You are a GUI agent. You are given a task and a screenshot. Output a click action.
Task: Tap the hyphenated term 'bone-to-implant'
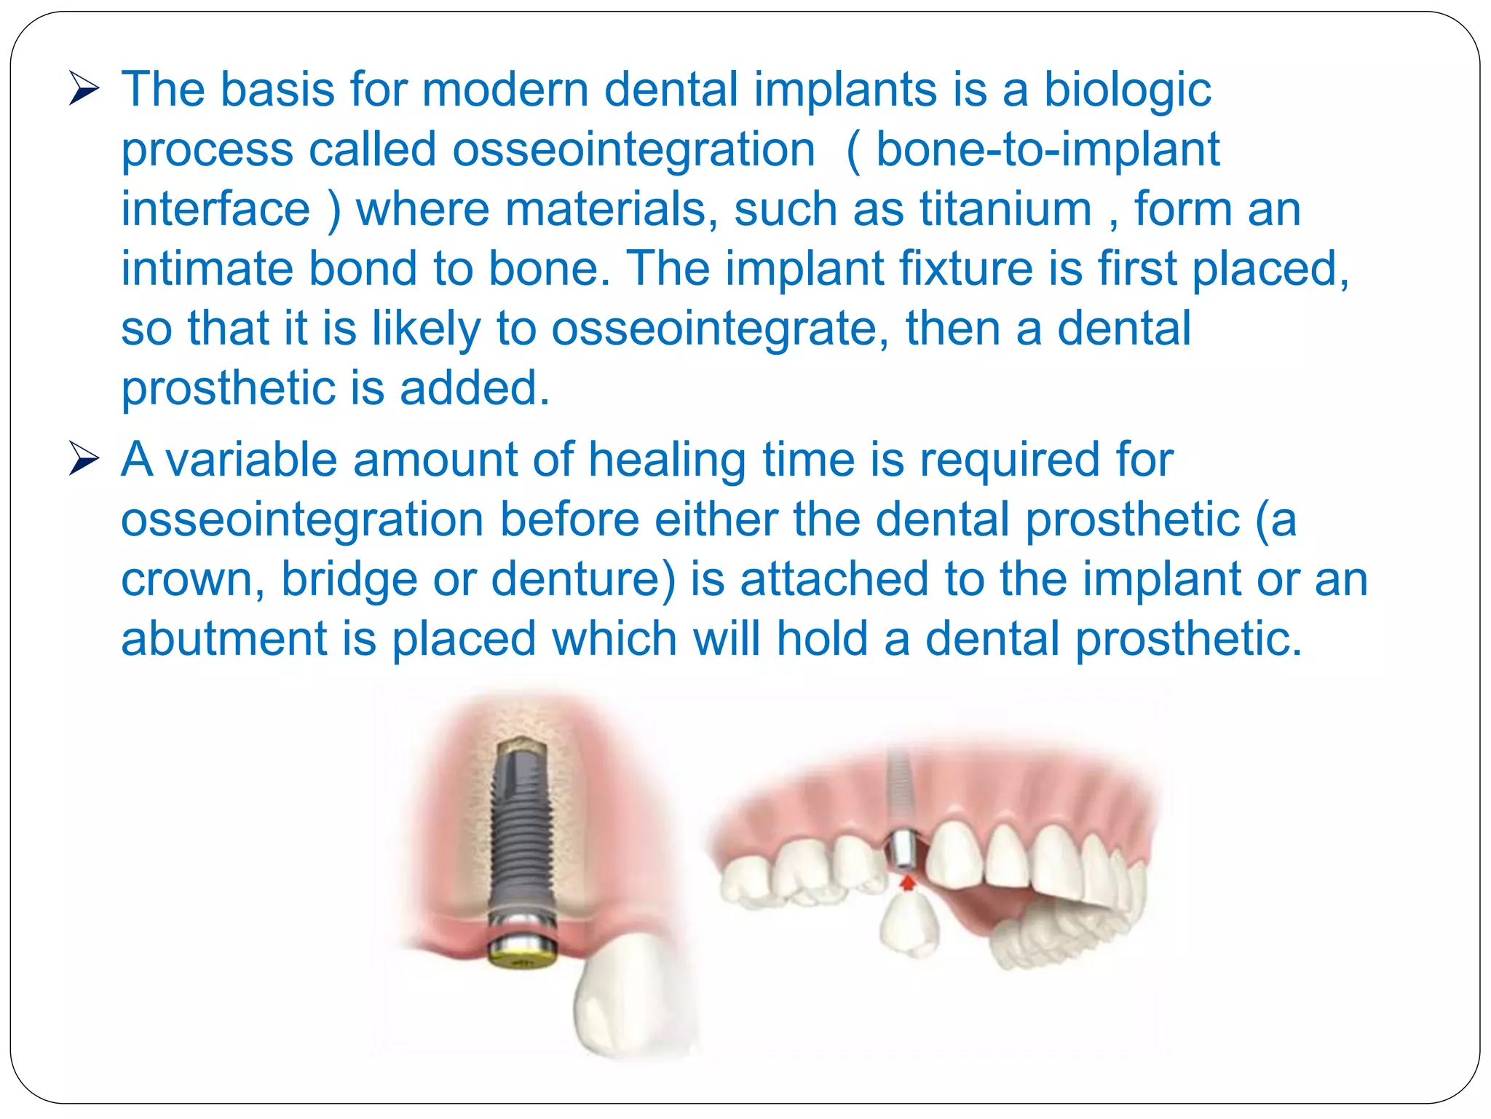coord(1047,150)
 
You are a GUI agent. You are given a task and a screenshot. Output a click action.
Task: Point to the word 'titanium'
coord(1005,210)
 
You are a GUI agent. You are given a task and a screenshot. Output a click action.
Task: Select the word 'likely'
coord(426,329)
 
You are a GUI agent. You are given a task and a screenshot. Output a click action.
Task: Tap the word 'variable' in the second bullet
coord(252,460)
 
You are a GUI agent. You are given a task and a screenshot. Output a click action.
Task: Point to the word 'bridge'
coord(349,580)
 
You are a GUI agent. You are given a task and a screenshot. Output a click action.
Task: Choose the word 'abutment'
coord(224,639)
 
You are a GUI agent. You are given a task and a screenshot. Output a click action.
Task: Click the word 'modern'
coord(505,90)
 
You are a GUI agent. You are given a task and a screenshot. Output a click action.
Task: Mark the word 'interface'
coord(215,210)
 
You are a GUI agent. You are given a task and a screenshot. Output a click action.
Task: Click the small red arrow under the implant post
coord(906,883)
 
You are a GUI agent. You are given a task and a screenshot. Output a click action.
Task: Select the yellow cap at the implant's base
coord(521,951)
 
